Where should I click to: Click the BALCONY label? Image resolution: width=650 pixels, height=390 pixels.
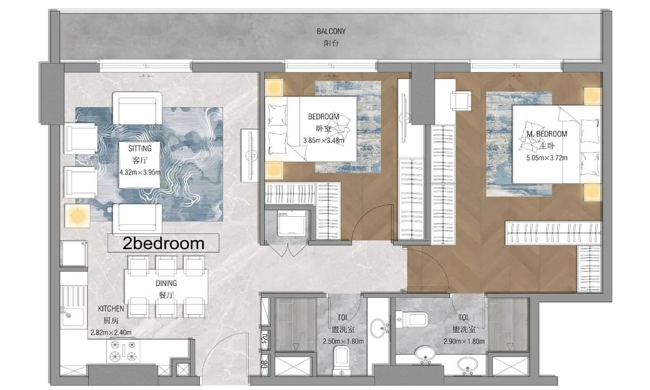331,31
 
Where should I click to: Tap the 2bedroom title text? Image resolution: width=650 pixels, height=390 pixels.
164,243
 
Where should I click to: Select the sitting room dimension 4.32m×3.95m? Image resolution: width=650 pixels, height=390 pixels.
140,172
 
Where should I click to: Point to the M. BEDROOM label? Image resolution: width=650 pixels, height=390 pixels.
547,134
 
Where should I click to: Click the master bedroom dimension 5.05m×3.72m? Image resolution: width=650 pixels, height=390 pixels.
547,158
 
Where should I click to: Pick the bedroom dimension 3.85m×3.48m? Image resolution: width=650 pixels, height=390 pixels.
323,140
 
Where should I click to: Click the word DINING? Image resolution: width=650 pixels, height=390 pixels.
166,283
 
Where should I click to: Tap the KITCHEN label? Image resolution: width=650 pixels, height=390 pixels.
111,309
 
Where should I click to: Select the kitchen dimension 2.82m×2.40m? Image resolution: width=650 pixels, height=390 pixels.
111,333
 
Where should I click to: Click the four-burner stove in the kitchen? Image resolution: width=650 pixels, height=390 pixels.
123,351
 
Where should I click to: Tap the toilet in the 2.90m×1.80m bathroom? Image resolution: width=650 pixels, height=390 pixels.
412,319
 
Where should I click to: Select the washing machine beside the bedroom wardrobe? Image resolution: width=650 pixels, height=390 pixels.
291,223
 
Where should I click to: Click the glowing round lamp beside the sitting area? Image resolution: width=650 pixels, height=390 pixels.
77,216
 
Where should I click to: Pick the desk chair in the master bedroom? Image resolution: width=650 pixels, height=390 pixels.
460,101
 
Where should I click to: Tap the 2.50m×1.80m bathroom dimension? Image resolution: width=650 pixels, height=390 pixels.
343,342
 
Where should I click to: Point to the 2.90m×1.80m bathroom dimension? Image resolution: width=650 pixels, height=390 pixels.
464,342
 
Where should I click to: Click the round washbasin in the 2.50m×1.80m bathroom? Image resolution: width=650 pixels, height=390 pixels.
379,328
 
